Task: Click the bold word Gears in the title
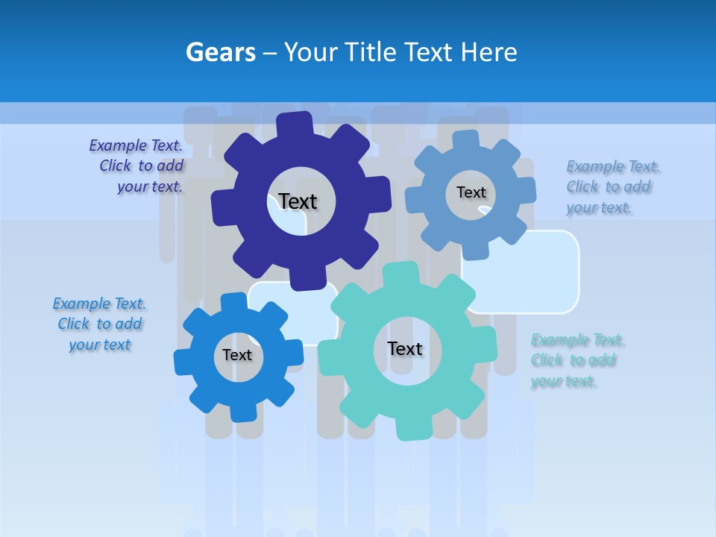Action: [x=221, y=52]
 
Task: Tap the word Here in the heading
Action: [x=489, y=52]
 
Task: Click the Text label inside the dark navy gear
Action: [x=298, y=201]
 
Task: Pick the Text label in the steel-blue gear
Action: [x=471, y=192]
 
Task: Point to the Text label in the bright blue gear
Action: [x=237, y=356]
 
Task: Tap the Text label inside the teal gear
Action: [x=405, y=349]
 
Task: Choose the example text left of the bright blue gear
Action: [x=99, y=324]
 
